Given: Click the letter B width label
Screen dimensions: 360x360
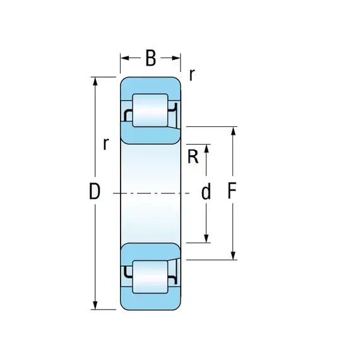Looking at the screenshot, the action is tap(150, 58).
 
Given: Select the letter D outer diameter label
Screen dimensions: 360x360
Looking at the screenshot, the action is tap(95, 191).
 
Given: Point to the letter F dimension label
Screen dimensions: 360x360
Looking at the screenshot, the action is tap(232, 191).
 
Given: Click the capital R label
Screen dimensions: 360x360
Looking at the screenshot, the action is tap(193, 157).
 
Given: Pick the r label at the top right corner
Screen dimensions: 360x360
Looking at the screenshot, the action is tap(192, 75).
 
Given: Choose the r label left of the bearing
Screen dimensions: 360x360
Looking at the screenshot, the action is tap(105, 144).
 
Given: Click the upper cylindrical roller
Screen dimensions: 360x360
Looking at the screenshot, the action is tap(150, 110).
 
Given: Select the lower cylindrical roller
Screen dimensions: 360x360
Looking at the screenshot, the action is tap(150, 277).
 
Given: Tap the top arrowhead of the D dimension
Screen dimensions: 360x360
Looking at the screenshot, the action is tap(95, 81).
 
